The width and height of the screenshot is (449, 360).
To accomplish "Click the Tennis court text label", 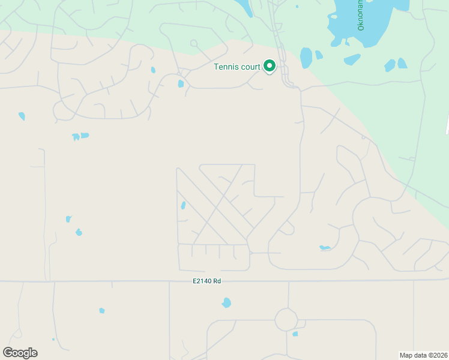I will click(237, 67).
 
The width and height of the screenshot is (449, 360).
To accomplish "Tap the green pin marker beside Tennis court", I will click(270, 66).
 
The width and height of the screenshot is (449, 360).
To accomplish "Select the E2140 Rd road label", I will click(206, 281).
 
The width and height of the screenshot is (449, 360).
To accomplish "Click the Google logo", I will click(20, 353).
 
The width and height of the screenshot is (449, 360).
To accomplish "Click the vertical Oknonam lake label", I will click(361, 16).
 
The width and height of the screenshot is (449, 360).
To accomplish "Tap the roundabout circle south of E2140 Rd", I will click(286, 320).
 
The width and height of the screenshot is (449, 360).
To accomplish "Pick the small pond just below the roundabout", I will click(295, 334).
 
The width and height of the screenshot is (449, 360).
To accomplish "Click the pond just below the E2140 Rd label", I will click(226, 303).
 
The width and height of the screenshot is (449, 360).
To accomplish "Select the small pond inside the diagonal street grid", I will click(183, 206).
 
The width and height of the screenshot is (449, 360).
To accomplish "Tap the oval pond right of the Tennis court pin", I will click(306, 58).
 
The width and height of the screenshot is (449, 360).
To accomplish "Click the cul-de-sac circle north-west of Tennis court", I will click(193, 43).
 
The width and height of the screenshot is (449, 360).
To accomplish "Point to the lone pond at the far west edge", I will click(22, 116).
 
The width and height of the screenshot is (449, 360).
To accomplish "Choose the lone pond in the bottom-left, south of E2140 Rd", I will click(101, 311).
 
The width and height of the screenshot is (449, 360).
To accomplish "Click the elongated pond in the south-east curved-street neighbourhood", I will click(325, 248).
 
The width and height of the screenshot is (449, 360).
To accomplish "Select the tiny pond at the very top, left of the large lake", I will click(297, 7).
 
